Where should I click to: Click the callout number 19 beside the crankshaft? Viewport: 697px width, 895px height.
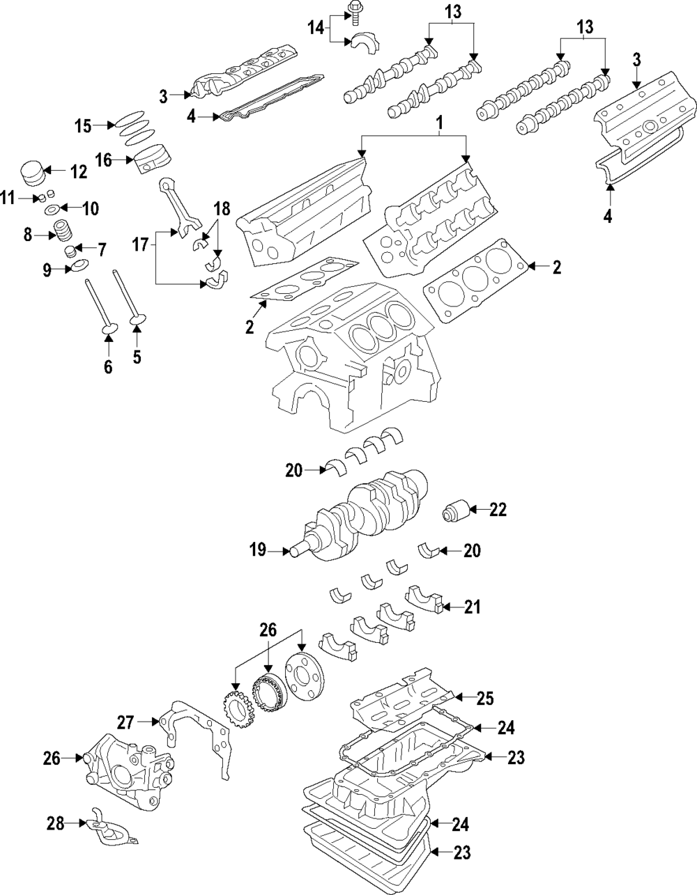(258, 550)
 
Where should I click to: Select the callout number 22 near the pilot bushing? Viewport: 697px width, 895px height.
(497, 510)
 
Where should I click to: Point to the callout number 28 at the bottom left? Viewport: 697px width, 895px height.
(55, 824)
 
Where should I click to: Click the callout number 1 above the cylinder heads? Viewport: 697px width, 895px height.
(440, 123)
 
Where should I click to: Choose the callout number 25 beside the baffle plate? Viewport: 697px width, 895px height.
(484, 696)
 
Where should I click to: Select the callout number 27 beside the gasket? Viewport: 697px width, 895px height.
(125, 721)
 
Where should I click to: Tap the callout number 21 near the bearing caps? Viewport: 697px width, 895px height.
(472, 607)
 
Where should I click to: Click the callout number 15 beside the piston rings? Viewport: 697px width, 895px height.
(84, 125)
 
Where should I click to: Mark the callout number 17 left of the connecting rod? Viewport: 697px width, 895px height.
(141, 244)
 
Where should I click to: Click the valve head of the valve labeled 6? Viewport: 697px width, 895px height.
(108, 327)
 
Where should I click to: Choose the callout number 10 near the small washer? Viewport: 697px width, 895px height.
(91, 208)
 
